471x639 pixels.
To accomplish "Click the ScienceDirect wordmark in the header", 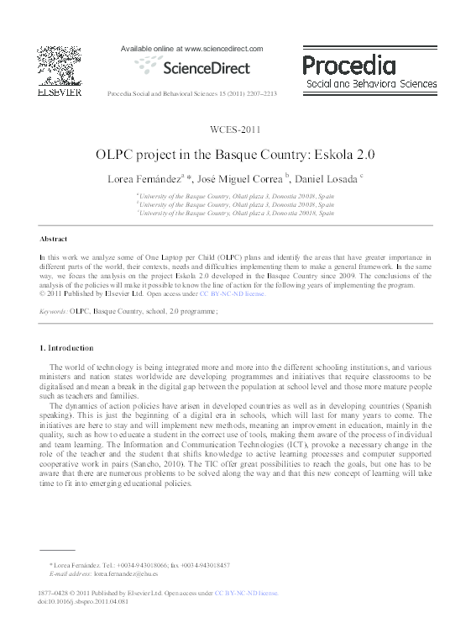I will (199, 67).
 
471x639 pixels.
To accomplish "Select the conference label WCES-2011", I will (235, 129).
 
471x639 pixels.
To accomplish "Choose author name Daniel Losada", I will (327, 179).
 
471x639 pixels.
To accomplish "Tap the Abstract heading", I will (54, 240).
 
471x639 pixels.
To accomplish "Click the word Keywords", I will (54, 311).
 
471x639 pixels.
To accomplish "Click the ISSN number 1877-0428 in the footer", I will (55, 593).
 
